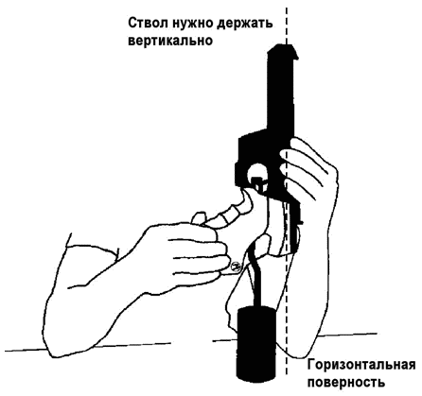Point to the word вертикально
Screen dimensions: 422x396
pos(170,41)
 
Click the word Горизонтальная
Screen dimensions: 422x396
pos(361,366)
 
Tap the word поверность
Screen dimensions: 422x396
pos(346,383)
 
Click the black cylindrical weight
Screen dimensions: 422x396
pos(257,343)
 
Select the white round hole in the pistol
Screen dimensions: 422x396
pos(257,171)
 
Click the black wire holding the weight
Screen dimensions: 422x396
pos(256,277)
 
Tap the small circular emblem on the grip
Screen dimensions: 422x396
pos(236,267)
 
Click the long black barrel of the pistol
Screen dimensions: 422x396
pos(281,92)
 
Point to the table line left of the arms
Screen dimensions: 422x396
pos(88,347)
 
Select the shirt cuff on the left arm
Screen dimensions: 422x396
pos(92,252)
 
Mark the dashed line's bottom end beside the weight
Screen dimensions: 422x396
pos(287,374)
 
